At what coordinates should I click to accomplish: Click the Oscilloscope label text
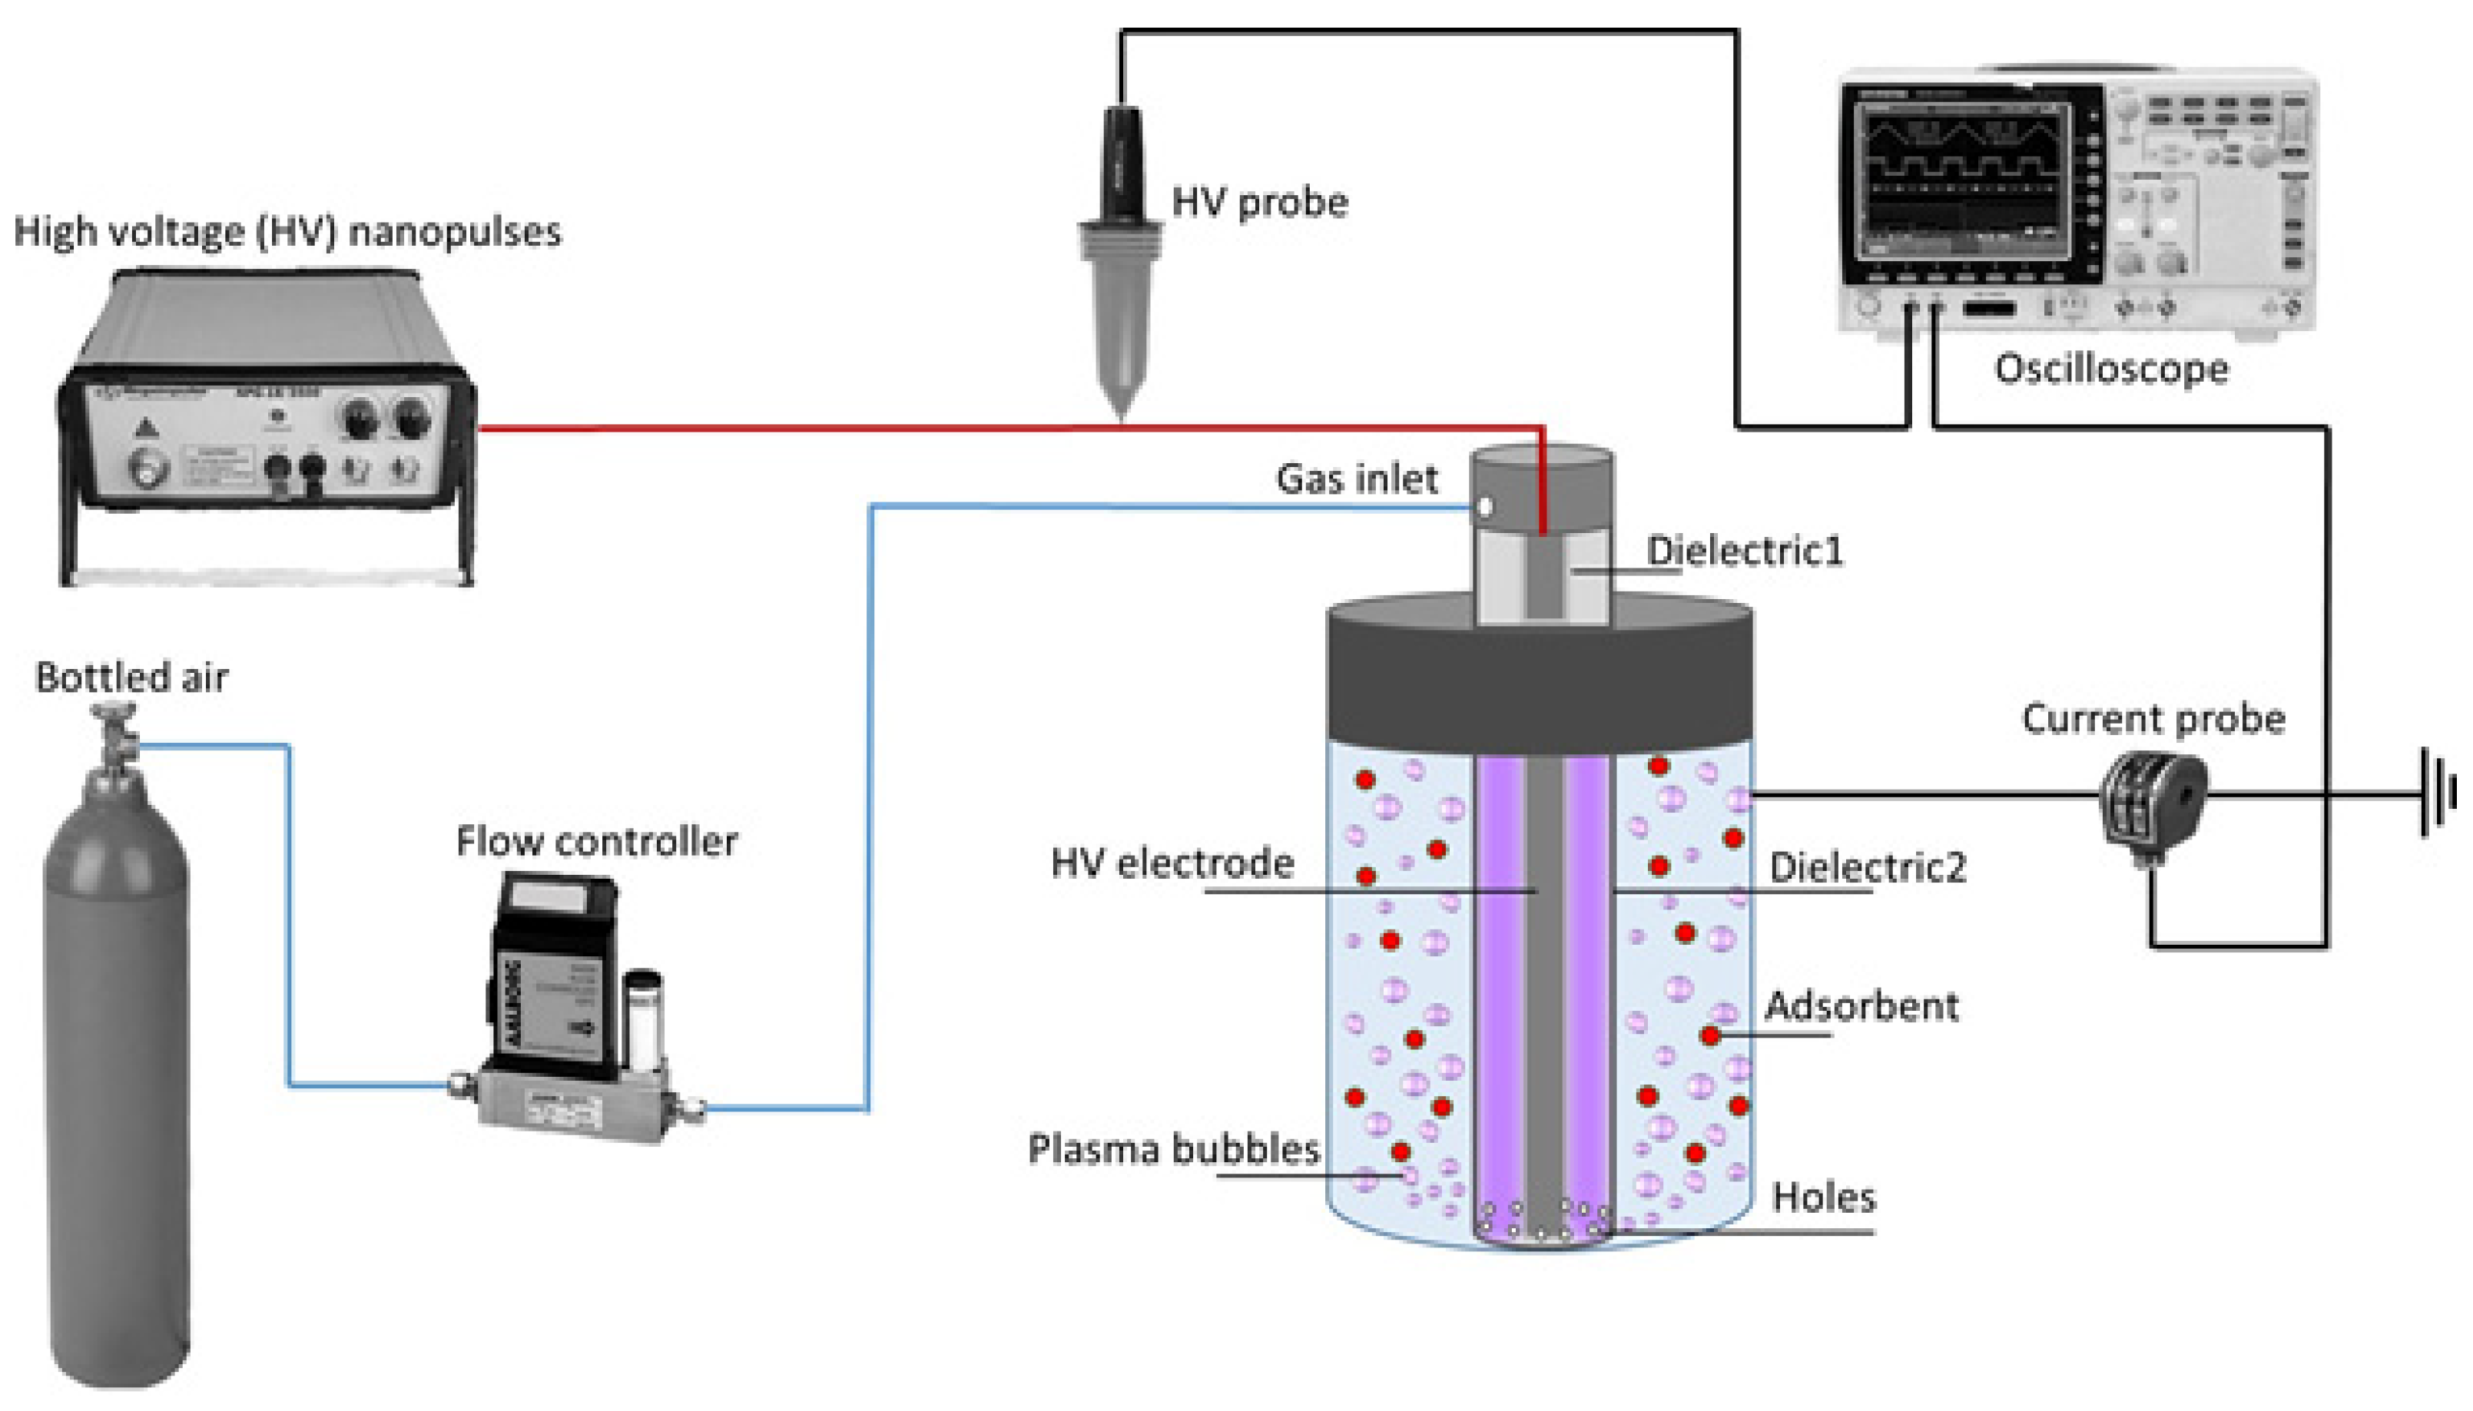[2110, 369]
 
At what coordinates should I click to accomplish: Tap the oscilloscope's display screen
[1967, 174]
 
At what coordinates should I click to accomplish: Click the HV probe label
[1260, 203]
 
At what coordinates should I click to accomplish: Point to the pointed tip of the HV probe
[1122, 412]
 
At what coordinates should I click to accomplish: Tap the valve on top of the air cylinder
[114, 733]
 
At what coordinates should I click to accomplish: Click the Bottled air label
[132, 677]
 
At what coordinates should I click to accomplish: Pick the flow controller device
[572, 1008]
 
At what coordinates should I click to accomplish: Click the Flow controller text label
[597, 841]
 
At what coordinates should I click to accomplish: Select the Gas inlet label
[1356, 479]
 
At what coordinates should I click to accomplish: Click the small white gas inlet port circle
[1483, 507]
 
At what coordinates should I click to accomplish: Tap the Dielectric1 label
[1744, 551]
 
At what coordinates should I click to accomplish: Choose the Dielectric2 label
[1868, 867]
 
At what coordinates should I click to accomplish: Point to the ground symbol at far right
[2437, 793]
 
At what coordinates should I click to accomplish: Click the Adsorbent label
[1861, 1006]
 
